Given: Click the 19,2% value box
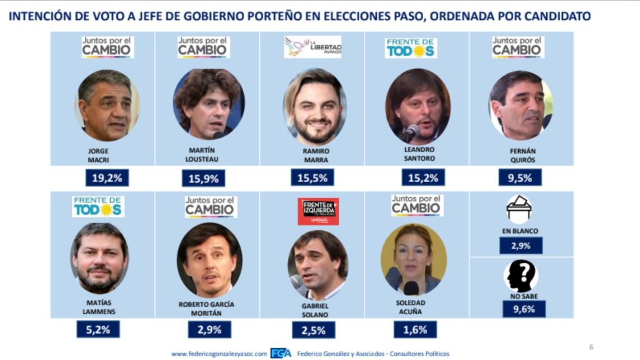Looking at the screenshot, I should point(107,179).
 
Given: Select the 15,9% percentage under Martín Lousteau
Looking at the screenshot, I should point(203,179).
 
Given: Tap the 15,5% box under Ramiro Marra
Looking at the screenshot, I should point(312,177).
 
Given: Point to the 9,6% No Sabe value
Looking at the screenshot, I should point(523,309).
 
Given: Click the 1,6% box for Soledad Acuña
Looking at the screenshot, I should point(414,330).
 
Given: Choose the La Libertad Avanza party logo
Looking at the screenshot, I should point(313,47).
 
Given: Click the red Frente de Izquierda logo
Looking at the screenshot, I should point(318,211).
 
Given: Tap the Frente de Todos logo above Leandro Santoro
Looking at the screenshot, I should point(411,48).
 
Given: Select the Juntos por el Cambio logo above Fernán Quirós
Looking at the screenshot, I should point(518,47).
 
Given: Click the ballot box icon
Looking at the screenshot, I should point(519,209).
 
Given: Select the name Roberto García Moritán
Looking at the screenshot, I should point(208,308).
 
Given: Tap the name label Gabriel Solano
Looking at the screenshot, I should point(314,310).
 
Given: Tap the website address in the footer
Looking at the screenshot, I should point(219,354).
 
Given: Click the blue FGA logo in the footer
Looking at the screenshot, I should point(281,353).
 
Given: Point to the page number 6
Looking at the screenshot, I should point(591,347).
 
